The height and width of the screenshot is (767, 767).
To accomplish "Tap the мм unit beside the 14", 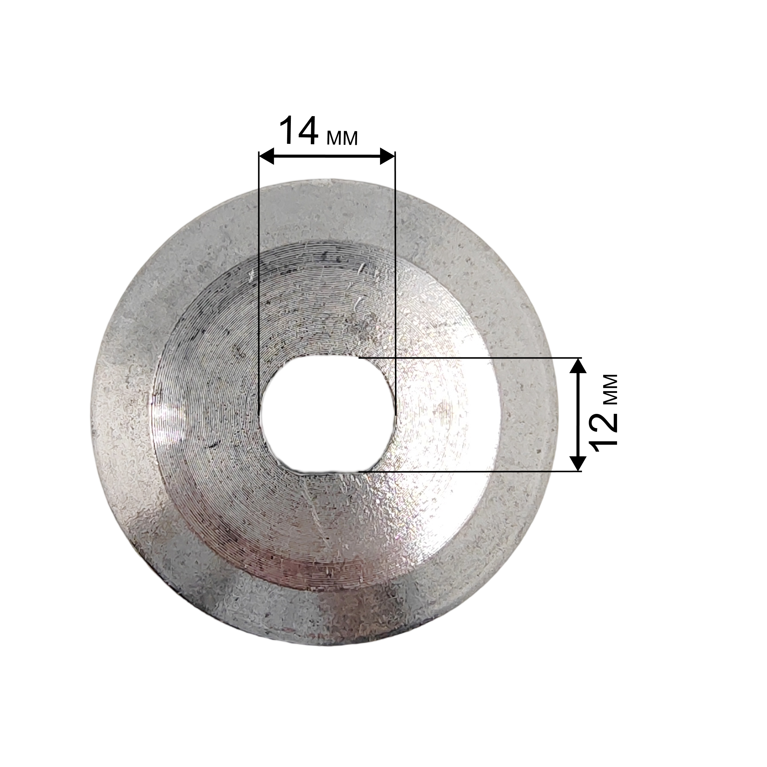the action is [342, 138].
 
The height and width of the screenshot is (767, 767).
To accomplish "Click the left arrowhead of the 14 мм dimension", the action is [266, 156].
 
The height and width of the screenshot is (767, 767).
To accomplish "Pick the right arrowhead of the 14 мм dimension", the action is [388, 156].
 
